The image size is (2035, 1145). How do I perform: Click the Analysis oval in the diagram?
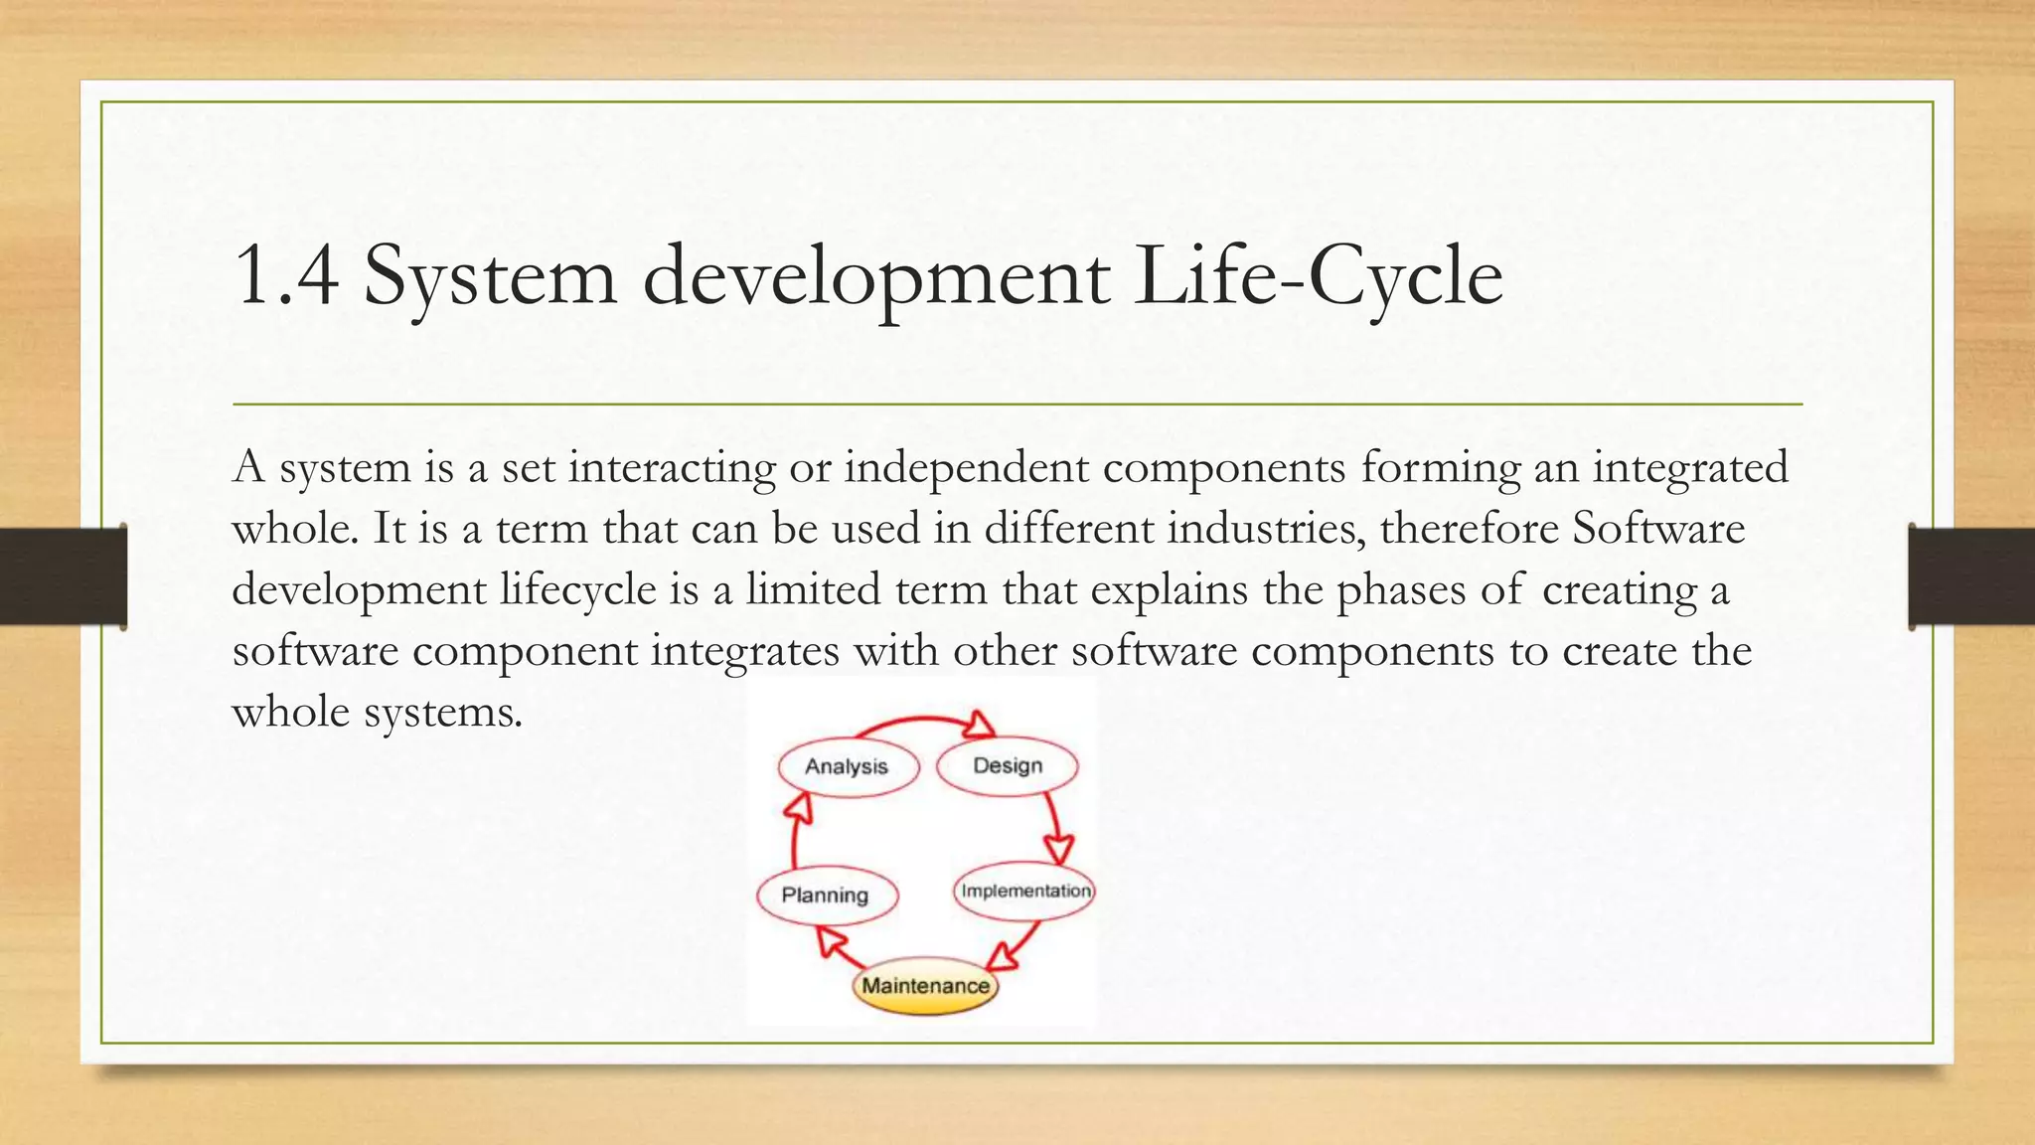(847, 766)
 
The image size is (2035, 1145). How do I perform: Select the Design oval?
(1007, 766)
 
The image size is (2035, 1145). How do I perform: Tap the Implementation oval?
(1024, 891)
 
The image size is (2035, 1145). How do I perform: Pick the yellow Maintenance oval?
(925, 986)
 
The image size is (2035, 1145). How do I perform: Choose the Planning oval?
(826, 895)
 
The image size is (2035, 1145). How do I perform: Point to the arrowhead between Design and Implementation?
(1058, 849)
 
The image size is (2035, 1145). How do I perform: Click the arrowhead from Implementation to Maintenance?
(1004, 956)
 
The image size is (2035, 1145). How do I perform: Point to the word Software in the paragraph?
(1657, 527)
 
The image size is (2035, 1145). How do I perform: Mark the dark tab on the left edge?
(63, 576)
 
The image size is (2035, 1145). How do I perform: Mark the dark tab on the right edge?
(1971, 576)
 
